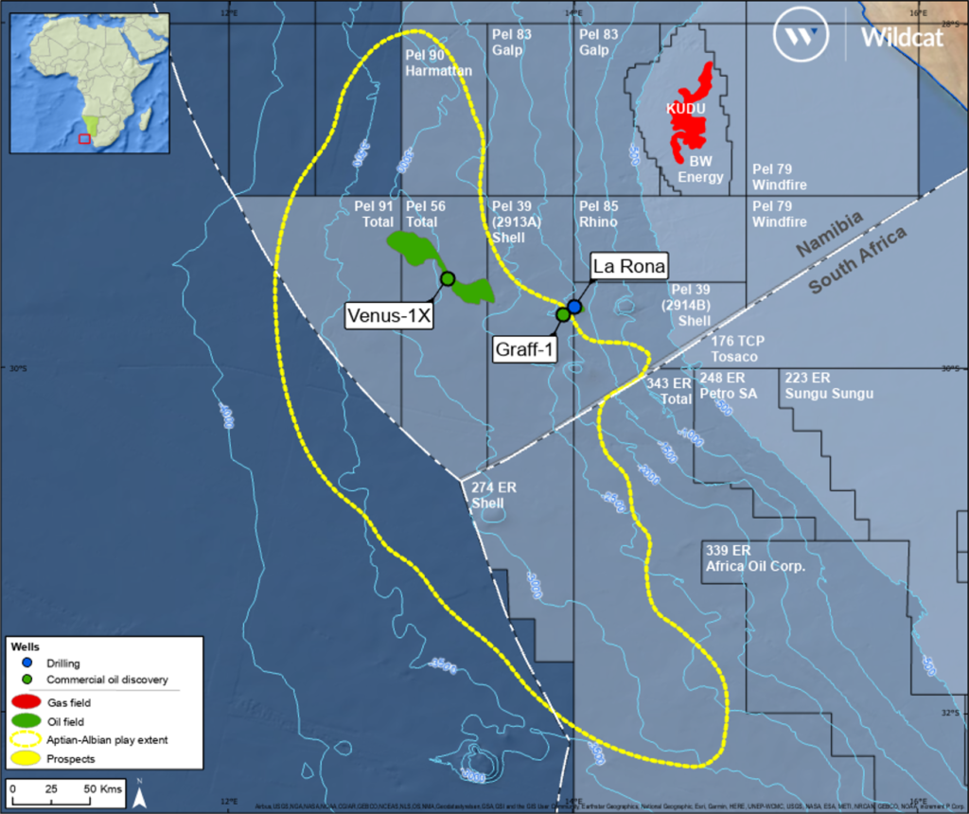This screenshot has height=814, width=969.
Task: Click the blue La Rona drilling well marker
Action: click(x=574, y=307)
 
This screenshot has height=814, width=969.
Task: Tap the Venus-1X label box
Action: click(x=388, y=316)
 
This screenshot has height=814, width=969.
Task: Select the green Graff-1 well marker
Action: click(x=563, y=314)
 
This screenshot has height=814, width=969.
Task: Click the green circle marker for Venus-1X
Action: click(x=448, y=278)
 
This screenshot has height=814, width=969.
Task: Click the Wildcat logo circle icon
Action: click(x=795, y=37)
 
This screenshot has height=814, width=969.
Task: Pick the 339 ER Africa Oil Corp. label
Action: click(x=754, y=558)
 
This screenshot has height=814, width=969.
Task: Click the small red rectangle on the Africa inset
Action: click(x=84, y=138)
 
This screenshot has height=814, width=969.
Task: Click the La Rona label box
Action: click(x=629, y=265)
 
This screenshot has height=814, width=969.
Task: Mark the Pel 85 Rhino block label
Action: click(x=598, y=214)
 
